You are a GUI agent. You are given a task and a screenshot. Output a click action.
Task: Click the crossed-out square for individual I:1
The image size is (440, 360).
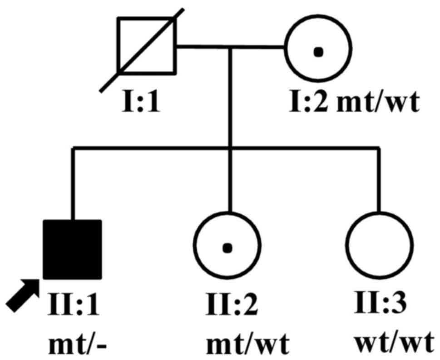tap(146, 45)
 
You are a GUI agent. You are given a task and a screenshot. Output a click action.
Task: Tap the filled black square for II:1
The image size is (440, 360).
tap(72, 249)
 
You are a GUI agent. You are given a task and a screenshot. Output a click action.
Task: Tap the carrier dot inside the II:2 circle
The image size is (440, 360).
tap(228, 248)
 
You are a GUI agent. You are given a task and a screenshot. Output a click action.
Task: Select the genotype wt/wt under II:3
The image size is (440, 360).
tap(392, 343)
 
